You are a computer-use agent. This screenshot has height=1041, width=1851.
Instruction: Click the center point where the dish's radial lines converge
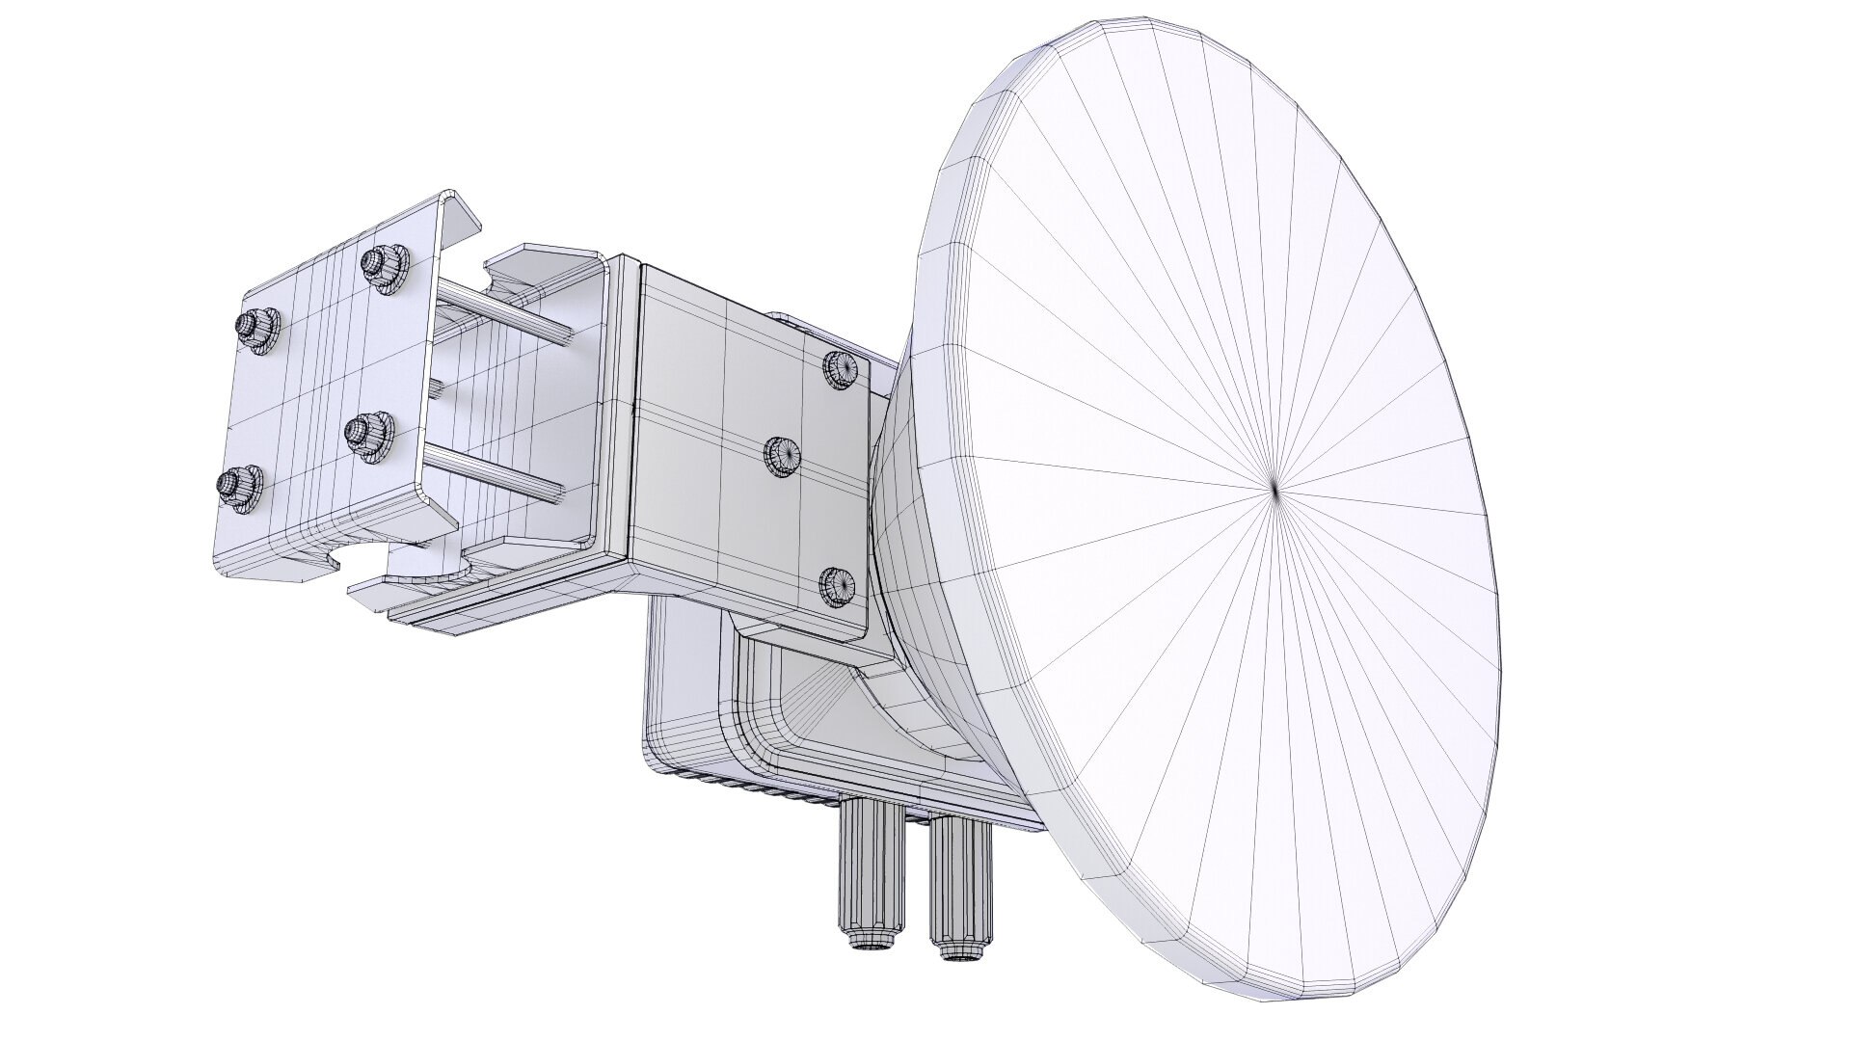tap(1274, 491)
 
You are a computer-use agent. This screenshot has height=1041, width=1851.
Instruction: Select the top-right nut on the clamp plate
tap(383, 267)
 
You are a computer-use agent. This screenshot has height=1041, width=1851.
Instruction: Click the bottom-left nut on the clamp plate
tap(233, 486)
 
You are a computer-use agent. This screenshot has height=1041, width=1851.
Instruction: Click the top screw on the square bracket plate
tap(842, 368)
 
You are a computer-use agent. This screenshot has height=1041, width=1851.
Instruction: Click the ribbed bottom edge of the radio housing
tap(752, 777)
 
